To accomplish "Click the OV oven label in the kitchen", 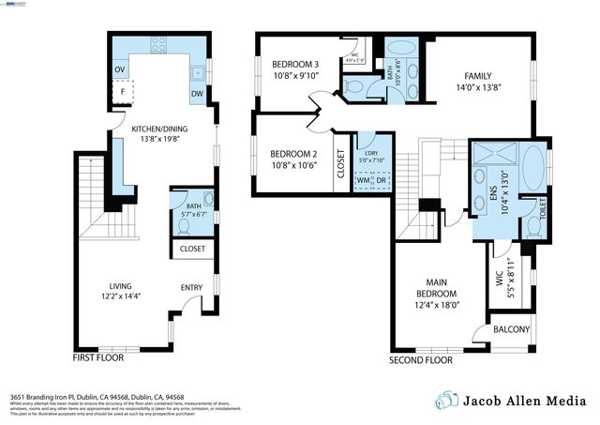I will click(119, 69).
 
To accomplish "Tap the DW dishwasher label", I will click(197, 94).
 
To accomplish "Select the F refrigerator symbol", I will click(123, 93).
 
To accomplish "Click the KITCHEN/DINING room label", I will click(157, 131).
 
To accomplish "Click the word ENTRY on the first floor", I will click(191, 288).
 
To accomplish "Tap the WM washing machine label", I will click(362, 181).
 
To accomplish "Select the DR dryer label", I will click(380, 181).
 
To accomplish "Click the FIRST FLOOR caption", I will click(98, 357).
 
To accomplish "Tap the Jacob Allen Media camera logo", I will click(448, 400).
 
